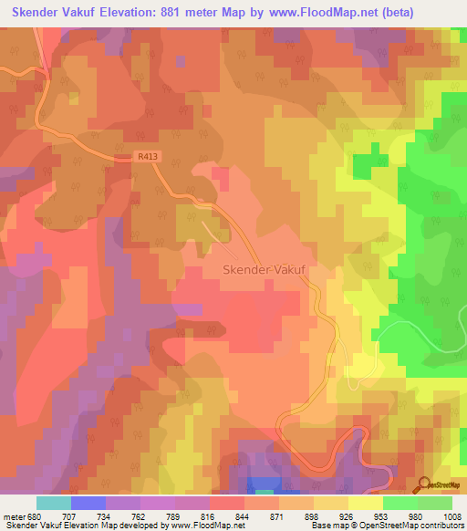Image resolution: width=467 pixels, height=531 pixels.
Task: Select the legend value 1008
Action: (453, 515)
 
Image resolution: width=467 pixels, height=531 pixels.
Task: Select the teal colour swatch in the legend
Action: (54, 503)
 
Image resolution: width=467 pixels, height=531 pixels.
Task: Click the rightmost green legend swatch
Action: (435, 503)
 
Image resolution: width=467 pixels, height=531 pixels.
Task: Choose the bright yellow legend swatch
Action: (366, 503)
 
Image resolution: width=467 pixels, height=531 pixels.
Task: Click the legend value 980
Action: (419, 515)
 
